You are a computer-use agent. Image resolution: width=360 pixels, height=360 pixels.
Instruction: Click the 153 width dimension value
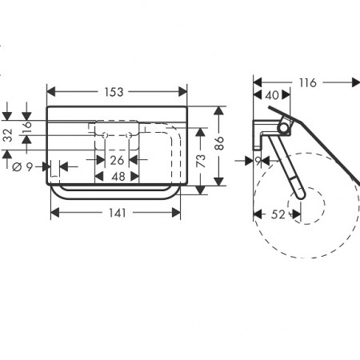pos(114,92)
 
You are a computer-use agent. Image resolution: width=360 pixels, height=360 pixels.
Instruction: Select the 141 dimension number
pos(118,213)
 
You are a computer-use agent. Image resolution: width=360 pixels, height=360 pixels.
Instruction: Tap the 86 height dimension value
pos(219,143)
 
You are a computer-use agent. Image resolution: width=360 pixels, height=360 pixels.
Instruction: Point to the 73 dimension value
pos(201,161)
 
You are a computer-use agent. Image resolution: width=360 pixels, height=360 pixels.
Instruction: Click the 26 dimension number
pos(117,161)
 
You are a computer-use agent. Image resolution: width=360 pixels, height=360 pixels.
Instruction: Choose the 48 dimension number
pos(118,177)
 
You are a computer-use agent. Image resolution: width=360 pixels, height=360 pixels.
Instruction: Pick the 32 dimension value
pos(8,135)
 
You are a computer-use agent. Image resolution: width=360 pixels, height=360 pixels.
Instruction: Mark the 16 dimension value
pos(27,127)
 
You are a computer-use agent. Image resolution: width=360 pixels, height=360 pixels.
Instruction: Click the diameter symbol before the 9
pos(17,167)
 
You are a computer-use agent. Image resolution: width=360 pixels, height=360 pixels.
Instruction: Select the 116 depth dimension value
pos(308,83)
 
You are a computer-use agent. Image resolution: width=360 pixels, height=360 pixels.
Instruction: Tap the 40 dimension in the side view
pos(272,95)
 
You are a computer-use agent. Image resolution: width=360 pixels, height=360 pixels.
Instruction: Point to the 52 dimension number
pos(278,214)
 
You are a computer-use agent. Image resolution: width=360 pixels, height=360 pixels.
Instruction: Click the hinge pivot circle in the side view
pos(284,127)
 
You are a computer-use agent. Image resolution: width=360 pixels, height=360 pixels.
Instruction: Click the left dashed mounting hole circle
pos(105,135)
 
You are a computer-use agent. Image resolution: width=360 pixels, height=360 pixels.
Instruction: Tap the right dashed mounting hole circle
pos(129,135)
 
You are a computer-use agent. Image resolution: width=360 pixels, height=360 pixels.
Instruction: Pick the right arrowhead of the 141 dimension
pos(176,213)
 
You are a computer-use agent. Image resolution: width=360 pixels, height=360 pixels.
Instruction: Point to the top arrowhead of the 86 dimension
pos(218,110)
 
